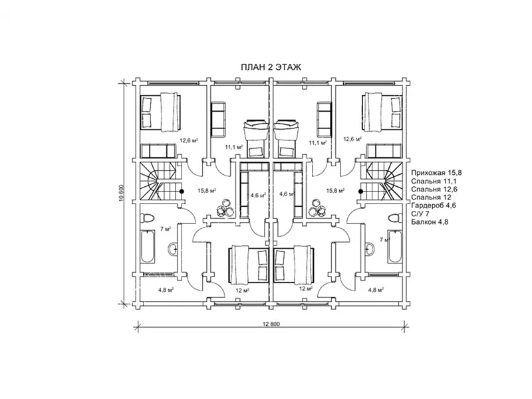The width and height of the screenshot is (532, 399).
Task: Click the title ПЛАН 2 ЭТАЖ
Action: pyautogui.click(x=271, y=67)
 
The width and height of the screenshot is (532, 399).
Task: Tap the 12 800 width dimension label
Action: pyautogui.click(x=271, y=324)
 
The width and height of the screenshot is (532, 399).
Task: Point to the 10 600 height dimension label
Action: pyautogui.click(x=122, y=193)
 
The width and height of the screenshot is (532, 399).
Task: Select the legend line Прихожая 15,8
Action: pyautogui.click(x=436, y=173)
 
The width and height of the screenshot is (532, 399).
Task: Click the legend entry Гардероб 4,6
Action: pyautogui.click(x=434, y=205)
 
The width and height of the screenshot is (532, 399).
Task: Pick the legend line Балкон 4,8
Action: pyautogui.click(x=430, y=222)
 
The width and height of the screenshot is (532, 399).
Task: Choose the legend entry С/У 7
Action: pyautogui.click(x=420, y=214)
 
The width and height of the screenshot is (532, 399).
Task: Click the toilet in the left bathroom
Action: pyautogui.click(x=148, y=217)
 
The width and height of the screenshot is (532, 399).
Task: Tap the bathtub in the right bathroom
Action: pyautogui.click(x=394, y=247)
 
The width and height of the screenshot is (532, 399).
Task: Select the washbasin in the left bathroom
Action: pyautogui.click(x=172, y=249)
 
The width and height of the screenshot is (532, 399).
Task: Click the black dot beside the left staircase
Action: pyautogui.click(x=182, y=192)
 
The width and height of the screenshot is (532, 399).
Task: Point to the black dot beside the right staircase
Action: pyautogui.click(x=361, y=192)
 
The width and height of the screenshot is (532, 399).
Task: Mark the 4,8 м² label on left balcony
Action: pyautogui.click(x=166, y=290)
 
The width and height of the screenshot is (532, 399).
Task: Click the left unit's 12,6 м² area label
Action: pyautogui.click(x=189, y=140)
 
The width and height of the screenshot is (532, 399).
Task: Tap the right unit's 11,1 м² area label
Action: pyautogui.click(x=318, y=143)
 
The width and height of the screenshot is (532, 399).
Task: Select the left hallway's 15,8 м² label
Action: pyautogui.click(x=207, y=191)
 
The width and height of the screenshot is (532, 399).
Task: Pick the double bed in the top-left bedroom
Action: pyautogui.click(x=160, y=112)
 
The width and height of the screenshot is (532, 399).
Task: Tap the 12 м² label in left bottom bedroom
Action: pyautogui.click(x=243, y=291)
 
